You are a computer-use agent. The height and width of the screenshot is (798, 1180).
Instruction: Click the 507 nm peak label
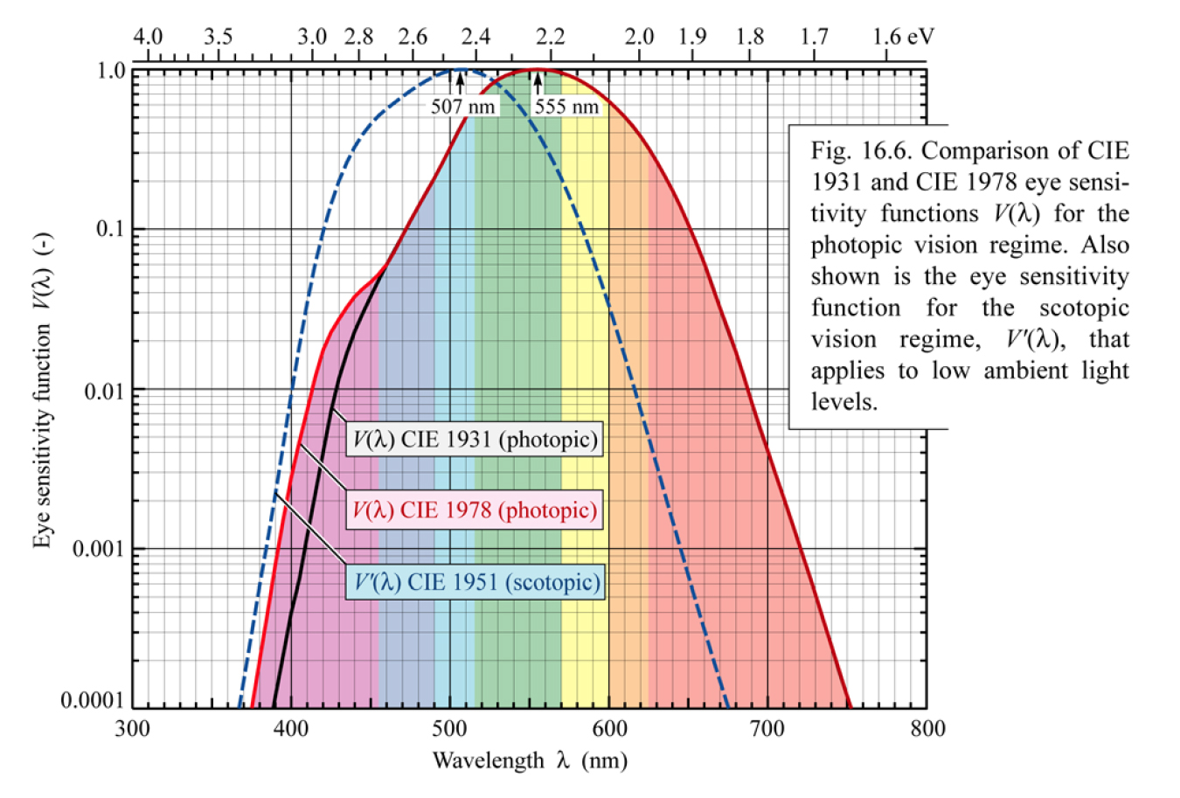coord(462,107)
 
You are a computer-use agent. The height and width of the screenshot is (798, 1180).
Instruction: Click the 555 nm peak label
coord(566,107)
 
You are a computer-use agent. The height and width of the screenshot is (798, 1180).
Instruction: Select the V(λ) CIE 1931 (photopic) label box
coord(475,439)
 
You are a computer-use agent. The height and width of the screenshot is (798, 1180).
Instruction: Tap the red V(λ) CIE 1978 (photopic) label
coord(475,510)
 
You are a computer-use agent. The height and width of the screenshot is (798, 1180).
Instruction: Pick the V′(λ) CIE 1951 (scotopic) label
coord(475,582)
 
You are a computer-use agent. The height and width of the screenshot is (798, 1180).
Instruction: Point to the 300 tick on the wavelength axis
coord(132,728)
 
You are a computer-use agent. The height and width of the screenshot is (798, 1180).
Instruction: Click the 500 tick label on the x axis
coord(450,728)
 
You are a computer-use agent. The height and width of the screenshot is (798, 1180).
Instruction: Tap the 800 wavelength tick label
coord(927,728)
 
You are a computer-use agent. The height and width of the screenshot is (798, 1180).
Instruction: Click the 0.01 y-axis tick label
coord(104,390)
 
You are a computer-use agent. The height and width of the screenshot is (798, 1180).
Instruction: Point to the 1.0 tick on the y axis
coord(111,70)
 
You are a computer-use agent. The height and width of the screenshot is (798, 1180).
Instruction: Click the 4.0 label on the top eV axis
coord(148,37)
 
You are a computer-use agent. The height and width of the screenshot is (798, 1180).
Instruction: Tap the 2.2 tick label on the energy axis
coord(551,37)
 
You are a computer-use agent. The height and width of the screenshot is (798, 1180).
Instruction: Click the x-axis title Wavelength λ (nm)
coord(530,760)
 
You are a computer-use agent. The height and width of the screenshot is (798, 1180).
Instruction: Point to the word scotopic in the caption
coord(1084,308)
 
